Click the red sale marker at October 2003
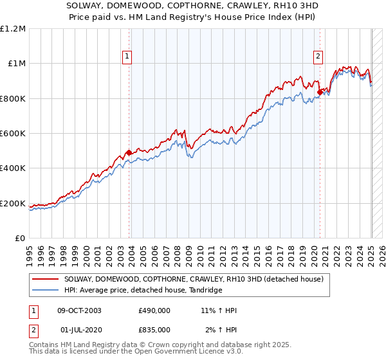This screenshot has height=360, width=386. point(129,152)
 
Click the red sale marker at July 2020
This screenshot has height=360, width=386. point(320,92)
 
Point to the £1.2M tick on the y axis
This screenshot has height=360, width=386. point(13,28)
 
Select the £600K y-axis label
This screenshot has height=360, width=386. point(14,134)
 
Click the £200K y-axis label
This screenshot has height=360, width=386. point(14,204)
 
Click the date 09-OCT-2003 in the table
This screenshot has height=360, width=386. point(80,310)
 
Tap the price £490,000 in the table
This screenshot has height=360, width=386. point(154,310)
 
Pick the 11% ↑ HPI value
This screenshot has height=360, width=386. point(219,310)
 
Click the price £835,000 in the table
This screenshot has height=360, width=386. point(154,329)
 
